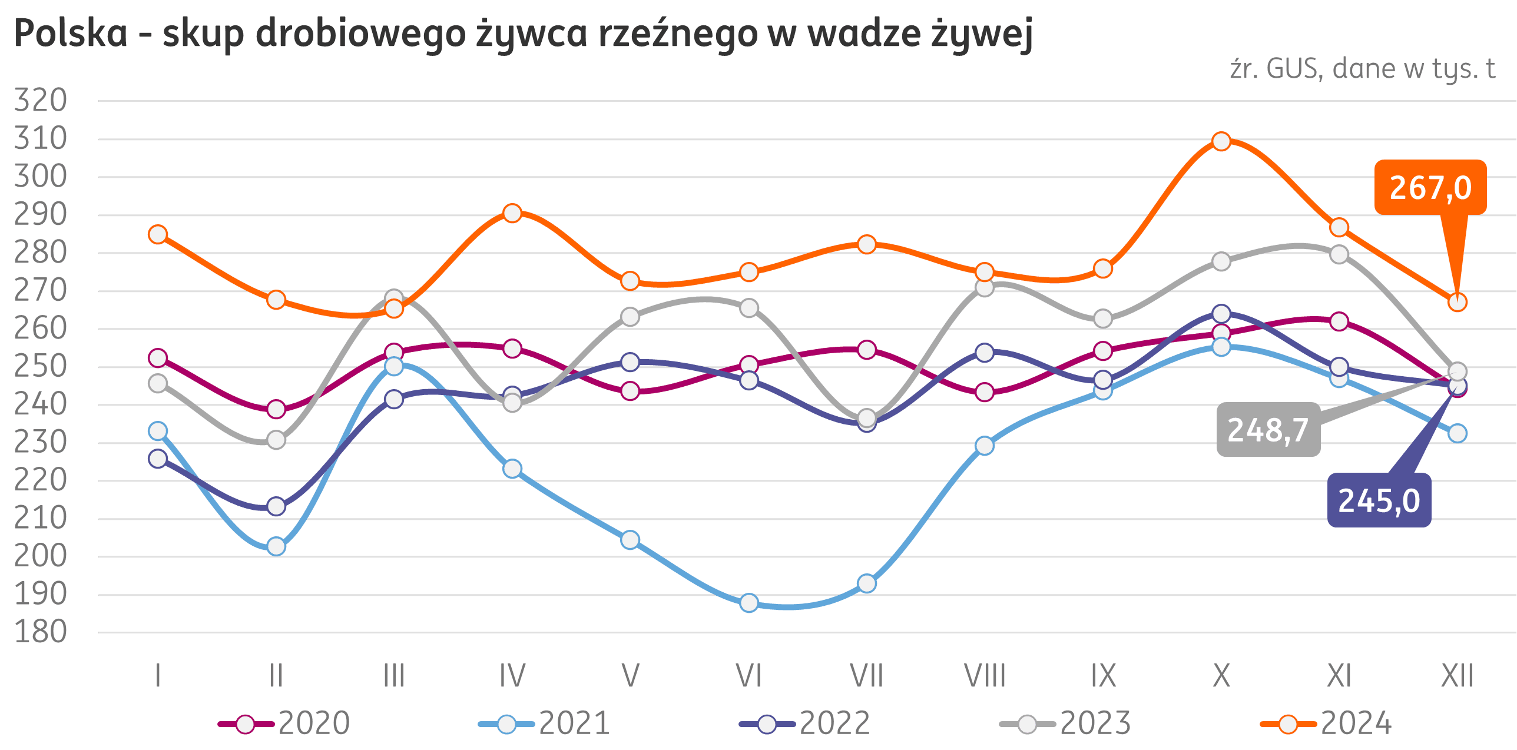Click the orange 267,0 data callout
1430,188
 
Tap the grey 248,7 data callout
1268,430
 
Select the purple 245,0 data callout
1379,500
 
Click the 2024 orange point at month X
1221,141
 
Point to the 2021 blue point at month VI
749,603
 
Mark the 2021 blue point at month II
276,546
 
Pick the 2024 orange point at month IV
512,213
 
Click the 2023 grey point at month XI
1339,255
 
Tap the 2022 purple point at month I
158,459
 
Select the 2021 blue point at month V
630,540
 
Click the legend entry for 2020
284,724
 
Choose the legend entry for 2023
1065,724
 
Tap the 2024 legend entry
1326,724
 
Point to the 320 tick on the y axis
40,101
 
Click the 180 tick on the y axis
40,633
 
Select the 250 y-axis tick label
40,367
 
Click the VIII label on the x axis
985,676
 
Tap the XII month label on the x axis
1457,676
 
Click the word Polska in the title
71,34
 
